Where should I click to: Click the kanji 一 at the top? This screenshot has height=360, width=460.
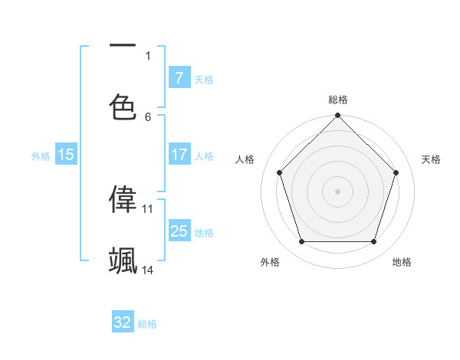click(x=123, y=45)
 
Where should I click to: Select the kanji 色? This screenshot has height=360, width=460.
click(x=123, y=106)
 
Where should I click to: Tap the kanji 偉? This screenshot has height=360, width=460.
click(x=123, y=198)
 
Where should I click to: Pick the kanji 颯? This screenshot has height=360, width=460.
click(x=123, y=260)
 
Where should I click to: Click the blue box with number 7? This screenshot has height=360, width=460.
click(x=179, y=78)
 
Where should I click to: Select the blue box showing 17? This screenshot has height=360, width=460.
click(x=179, y=155)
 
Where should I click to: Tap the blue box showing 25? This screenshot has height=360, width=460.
click(x=179, y=231)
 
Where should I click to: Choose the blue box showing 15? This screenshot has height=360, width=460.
click(x=66, y=155)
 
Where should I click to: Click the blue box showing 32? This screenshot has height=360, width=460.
click(x=123, y=322)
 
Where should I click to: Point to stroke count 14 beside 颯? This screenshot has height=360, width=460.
click(x=148, y=270)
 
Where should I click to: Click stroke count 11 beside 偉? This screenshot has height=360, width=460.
click(x=148, y=208)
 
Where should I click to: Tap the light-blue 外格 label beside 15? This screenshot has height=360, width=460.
click(x=40, y=156)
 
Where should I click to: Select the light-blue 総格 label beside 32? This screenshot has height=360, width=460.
click(x=147, y=324)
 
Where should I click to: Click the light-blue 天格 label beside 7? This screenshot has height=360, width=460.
click(x=203, y=80)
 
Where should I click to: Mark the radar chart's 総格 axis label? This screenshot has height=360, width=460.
click(x=337, y=100)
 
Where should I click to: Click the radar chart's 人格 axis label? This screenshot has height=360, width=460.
click(x=245, y=159)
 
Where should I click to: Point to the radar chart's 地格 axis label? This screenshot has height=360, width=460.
click(x=402, y=262)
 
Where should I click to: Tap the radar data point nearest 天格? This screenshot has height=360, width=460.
click(x=396, y=172)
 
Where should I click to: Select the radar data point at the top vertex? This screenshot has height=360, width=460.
click(x=337, y=117)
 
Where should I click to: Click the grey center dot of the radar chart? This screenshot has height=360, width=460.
click(x=337, y=191)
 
